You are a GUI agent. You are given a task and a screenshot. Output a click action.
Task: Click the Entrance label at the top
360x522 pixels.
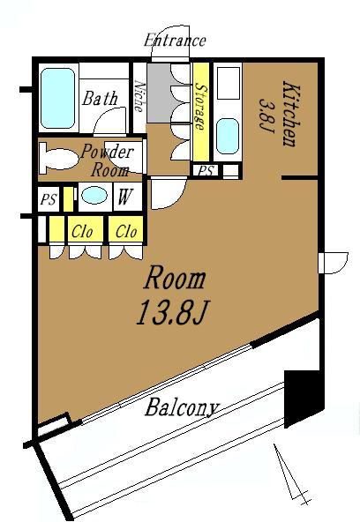point(175,41)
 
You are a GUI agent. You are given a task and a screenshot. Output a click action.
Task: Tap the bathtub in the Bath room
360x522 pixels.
point(57,98)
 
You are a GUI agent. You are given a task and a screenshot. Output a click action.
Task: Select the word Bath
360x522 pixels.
point(100,99)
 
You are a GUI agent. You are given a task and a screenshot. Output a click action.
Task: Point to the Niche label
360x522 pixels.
point(139,96)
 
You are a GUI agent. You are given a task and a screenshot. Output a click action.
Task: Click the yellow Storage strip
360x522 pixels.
point(201,112)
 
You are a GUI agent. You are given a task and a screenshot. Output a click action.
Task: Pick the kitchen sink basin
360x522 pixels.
point(228,136)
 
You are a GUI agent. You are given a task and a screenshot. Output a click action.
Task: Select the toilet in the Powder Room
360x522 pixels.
point(58,159)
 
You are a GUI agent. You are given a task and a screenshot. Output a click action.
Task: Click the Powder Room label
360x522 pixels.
point(108,160)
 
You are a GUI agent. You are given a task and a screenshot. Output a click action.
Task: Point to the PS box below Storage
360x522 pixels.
point(206,171)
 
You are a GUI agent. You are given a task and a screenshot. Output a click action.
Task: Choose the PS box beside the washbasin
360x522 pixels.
point(49,199)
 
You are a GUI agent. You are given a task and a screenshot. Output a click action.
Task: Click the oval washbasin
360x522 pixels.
point(95,195)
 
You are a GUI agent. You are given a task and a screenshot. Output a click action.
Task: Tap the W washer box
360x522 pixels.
point(125,197)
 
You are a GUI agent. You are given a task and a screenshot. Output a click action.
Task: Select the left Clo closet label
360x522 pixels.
point(82,231)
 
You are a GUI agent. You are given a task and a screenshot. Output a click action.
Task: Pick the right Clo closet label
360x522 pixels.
point(126,231)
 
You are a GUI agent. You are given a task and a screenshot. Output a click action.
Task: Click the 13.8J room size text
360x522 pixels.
point(172,312)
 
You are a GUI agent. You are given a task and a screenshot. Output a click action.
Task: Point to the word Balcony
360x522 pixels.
point(182,406)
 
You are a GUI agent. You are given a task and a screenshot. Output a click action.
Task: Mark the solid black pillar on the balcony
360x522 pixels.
point(304,399)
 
